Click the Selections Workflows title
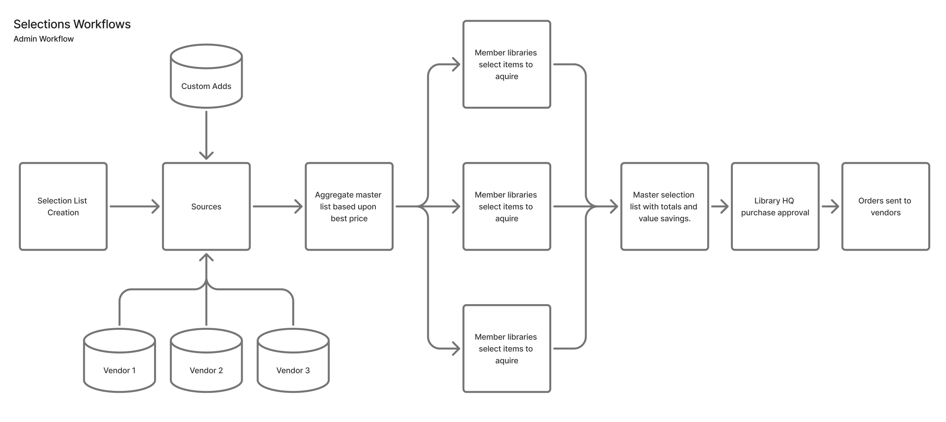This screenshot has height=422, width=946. [x=72, y=24]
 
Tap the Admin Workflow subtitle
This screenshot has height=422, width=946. [x=43, y=39]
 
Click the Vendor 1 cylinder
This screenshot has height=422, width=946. [x=119, y=361]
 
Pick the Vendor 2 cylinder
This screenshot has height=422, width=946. [x=206, y=361]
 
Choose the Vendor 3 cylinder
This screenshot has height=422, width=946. [x=293, y=361]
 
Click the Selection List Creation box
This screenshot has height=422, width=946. [x=63, y=206]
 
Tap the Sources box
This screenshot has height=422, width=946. [x=206, y=206]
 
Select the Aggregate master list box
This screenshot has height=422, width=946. [x=349, y=206]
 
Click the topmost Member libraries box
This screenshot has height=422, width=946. [x=507, y=64]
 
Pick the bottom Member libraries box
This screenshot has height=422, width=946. [x=507, y=349]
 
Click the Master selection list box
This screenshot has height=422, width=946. [x=665, y=206]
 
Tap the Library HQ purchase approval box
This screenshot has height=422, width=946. [x=775, y=206]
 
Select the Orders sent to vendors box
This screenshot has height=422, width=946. [x=886, y=206]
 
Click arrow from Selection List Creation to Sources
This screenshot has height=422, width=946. [x=134, y=206]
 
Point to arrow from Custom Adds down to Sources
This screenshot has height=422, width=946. [x=206, y=134]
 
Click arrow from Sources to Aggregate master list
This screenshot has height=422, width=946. [x=277, y=206]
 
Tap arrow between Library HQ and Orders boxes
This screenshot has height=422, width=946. [x=830, y=206]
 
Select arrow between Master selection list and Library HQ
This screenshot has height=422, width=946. [x=720, y=206]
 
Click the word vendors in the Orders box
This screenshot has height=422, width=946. [x=886, y=213]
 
